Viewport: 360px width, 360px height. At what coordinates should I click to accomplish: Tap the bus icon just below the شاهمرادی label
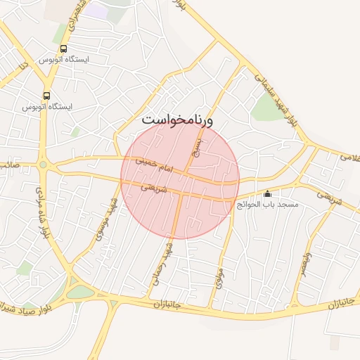pos(64,49)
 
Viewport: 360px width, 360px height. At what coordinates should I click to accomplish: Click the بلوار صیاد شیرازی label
pos(27,307)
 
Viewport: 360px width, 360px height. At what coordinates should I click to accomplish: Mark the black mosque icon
pos(267,193)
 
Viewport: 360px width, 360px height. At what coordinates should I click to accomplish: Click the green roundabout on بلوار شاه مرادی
pos(43,165)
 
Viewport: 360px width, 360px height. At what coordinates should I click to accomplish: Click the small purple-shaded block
pos(97,11)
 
